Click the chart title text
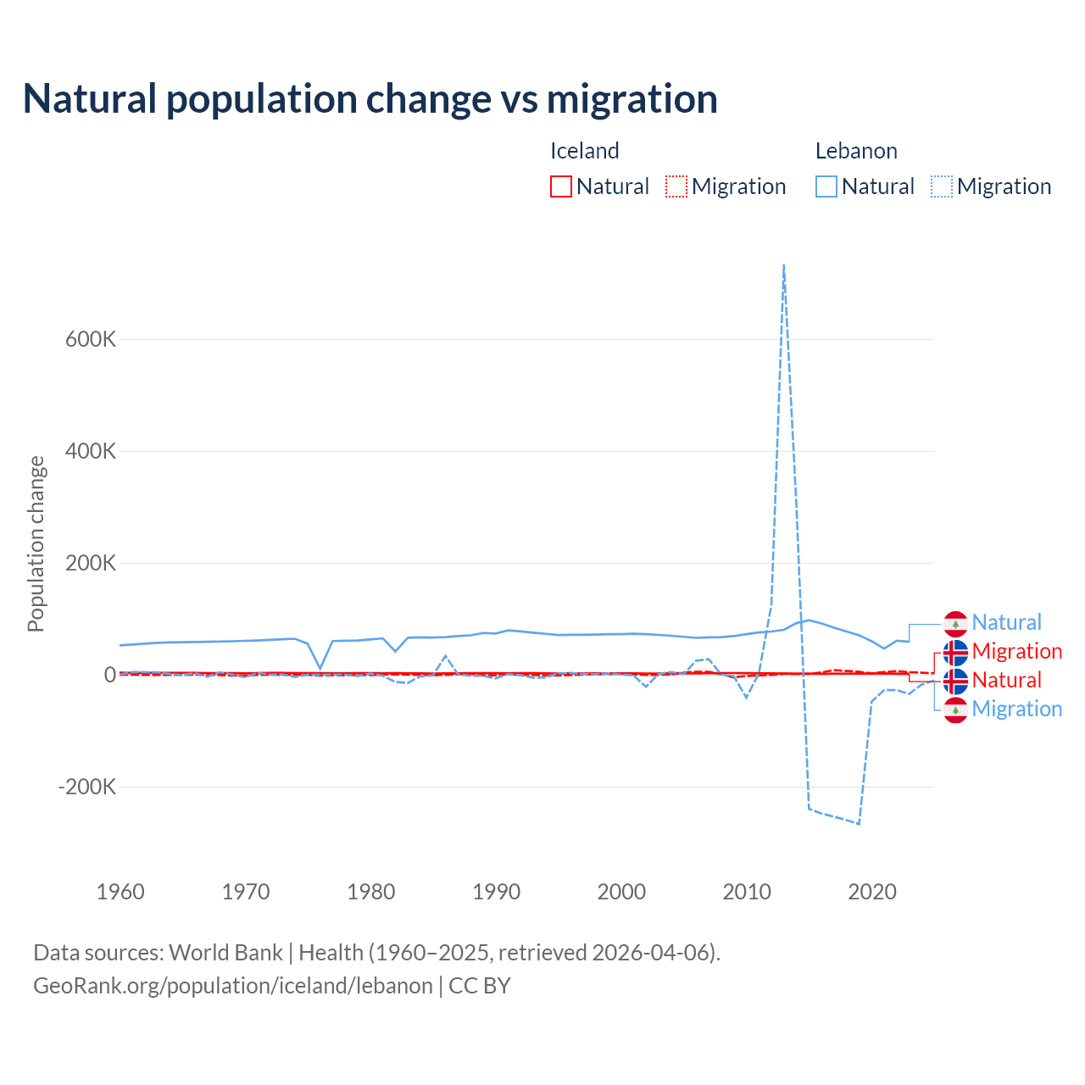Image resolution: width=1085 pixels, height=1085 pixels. point(370,99)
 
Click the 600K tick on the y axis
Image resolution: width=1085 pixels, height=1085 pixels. point(91,339)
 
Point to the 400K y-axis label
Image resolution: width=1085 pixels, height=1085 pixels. point(91,451)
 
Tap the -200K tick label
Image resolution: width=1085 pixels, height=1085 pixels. point(87,787)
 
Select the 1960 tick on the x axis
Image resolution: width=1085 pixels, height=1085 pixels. point(120,892)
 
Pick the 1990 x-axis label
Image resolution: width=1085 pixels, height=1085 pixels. point(497,892)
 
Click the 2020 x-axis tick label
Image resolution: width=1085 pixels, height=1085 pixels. point(872,892)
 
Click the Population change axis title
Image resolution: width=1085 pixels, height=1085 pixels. point(36,543)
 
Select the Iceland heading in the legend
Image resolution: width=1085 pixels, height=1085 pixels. point(585,151)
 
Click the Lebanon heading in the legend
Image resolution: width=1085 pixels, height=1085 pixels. point(856,151)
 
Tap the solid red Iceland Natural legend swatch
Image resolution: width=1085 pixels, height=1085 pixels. point(561,186)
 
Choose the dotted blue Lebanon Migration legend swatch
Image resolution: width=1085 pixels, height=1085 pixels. point(942,186)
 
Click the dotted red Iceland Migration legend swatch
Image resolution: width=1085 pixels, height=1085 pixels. point(676,186)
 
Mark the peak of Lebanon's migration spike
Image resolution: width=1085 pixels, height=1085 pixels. point(784,265)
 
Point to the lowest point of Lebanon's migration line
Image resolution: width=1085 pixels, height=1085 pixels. point(859,823)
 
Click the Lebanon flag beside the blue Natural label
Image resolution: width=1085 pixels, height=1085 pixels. point(955,623)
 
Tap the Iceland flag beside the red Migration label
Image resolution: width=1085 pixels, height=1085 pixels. point(955,652)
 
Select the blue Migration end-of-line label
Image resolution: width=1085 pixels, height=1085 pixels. point(1016,709)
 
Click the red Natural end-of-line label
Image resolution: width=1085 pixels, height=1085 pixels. point(1006,680)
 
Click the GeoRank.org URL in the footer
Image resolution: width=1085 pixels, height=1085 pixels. point(233,986)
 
